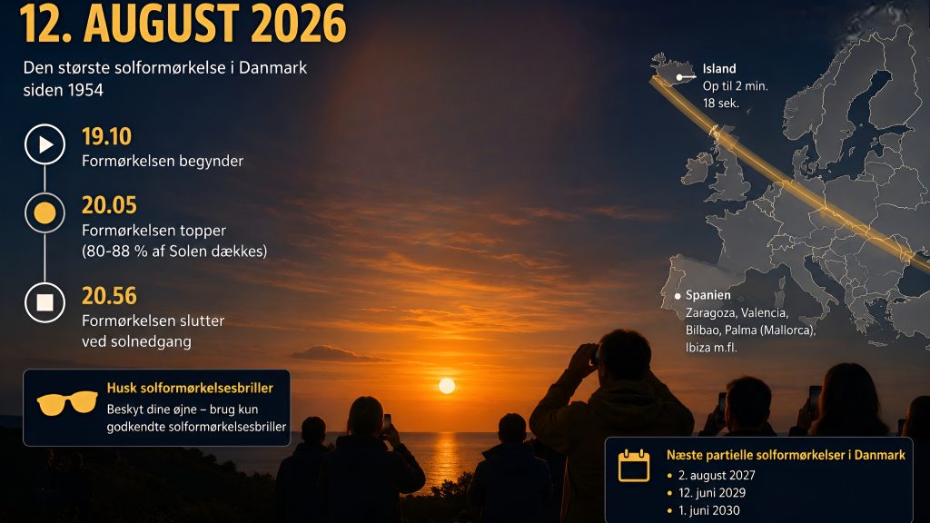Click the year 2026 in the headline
pyautogui.click(x=298, y=23)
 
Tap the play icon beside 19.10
pyautogui.click(x=45, y=144)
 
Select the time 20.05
pyautogui.click(x=109, y=205)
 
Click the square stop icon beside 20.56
pyautogui.click(x=45, y=302)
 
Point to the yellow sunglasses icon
pyautogui.click(x=67, y=402)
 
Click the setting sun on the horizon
pyautogui.click(x=447, y=386)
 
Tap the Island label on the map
pyautogui.click(x=719, y=69)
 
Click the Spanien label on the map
pyautogui.click(x=708, y=295)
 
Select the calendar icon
pyautogui.click(x=634, y=466)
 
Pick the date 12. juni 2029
pyautogui.click(x=712, y=493)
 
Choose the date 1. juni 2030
pyautogui.click(x=709, y=510)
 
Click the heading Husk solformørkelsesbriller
pyautogui.click(x=190, y=388)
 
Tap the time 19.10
pyautogui.click(x=107, y=136)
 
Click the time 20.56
pyautogui.click(x=109, y=296)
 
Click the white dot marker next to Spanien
pyautogui.click(x=678, y=296)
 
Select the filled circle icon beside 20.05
pyautogui.click(x=45, y=212)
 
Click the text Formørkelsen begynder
pyautogui.click(x=163, y=162)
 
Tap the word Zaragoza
pyautogui.click(x=707, y=313)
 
